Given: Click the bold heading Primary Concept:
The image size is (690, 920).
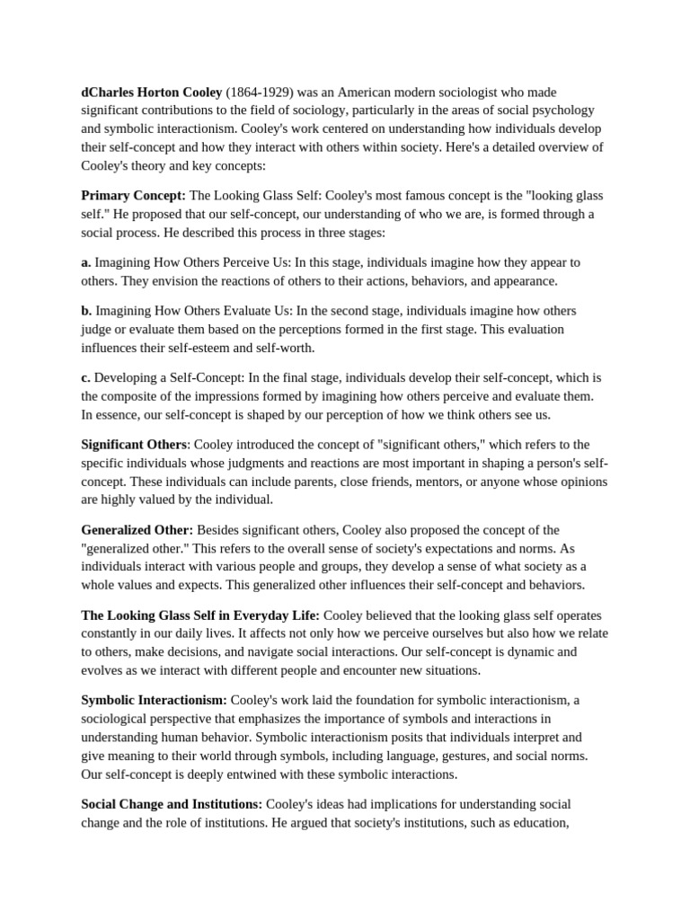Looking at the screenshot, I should (x=133, y=195).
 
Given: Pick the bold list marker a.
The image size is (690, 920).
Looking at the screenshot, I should (x=86, y=262).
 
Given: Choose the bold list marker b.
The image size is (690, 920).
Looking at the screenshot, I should (x=86, y=311).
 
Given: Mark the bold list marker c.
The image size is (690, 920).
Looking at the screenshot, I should (x=86, y=377).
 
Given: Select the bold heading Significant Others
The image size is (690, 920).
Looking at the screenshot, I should (x=135, y=445).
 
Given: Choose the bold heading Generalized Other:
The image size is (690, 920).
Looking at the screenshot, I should (x=137, y=530).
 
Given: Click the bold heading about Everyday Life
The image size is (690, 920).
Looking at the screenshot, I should (x=199, y=615).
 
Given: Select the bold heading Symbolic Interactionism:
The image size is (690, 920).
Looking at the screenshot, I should (x=154, y=701).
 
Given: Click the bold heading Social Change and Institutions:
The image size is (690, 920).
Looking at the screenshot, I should (x=172, y=804).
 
